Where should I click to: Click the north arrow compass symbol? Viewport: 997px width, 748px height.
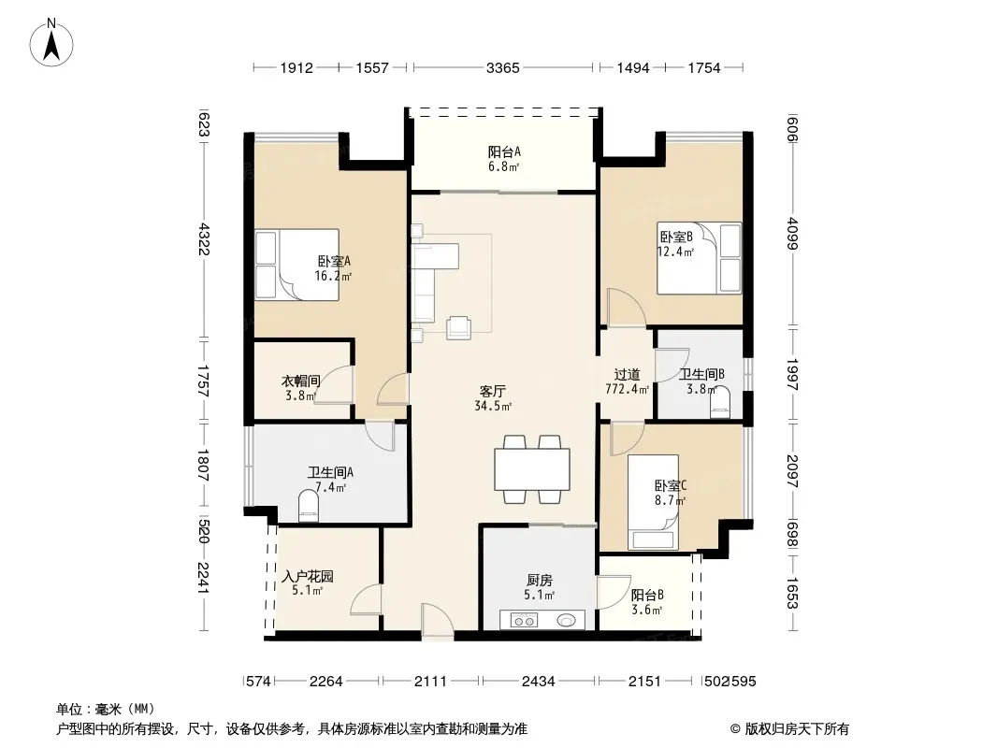coord(51,43)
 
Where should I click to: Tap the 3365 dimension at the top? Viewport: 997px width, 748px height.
coord(503,67)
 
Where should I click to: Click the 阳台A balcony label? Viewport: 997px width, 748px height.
coord(504,151)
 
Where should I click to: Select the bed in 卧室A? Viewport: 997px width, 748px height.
coord(296,265)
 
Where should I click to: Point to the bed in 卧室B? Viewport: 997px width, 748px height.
coord(699,258)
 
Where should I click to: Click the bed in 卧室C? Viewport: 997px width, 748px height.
coord(653,502)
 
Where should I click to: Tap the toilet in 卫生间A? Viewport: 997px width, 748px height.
coord(309,507)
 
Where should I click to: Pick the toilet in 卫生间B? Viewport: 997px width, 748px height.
coord(720,405)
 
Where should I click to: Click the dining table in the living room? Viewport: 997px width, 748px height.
coord(532,469)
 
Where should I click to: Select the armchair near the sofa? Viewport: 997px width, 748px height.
coord(458,327)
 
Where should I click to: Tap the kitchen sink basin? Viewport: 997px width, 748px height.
coord(567,620)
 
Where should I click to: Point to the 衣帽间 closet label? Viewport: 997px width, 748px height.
coord(301,381)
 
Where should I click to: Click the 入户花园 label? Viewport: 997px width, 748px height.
coord(308,576)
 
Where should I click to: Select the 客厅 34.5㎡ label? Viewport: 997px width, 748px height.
coord(494,398)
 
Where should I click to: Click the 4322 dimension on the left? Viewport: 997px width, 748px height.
coord(204,238)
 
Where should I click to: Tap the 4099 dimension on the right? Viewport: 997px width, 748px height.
coord(792,233)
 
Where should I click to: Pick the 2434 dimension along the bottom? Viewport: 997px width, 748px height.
coord(539,682)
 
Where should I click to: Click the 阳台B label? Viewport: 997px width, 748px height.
coord(647,595)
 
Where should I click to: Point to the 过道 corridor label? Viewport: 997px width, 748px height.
coord(627,375)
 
